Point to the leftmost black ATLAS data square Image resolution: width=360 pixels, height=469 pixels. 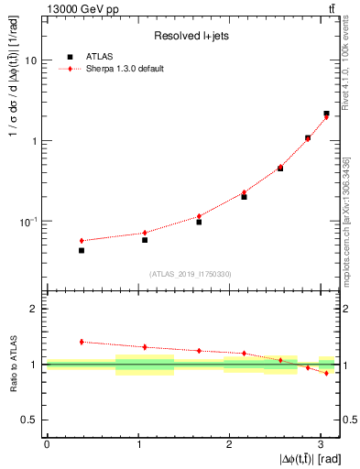point(82,250)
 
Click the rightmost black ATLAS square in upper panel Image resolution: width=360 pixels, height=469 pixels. point(326,114)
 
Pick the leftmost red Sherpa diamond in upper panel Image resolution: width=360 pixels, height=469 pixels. point(82,241)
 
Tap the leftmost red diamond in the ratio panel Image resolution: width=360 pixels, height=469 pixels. point(82,342)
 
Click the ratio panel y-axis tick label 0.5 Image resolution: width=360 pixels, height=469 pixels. point(32,420)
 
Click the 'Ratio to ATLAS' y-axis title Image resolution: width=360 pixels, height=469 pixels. point(12,365)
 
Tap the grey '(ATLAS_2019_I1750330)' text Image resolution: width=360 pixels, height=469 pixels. point(191,273)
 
